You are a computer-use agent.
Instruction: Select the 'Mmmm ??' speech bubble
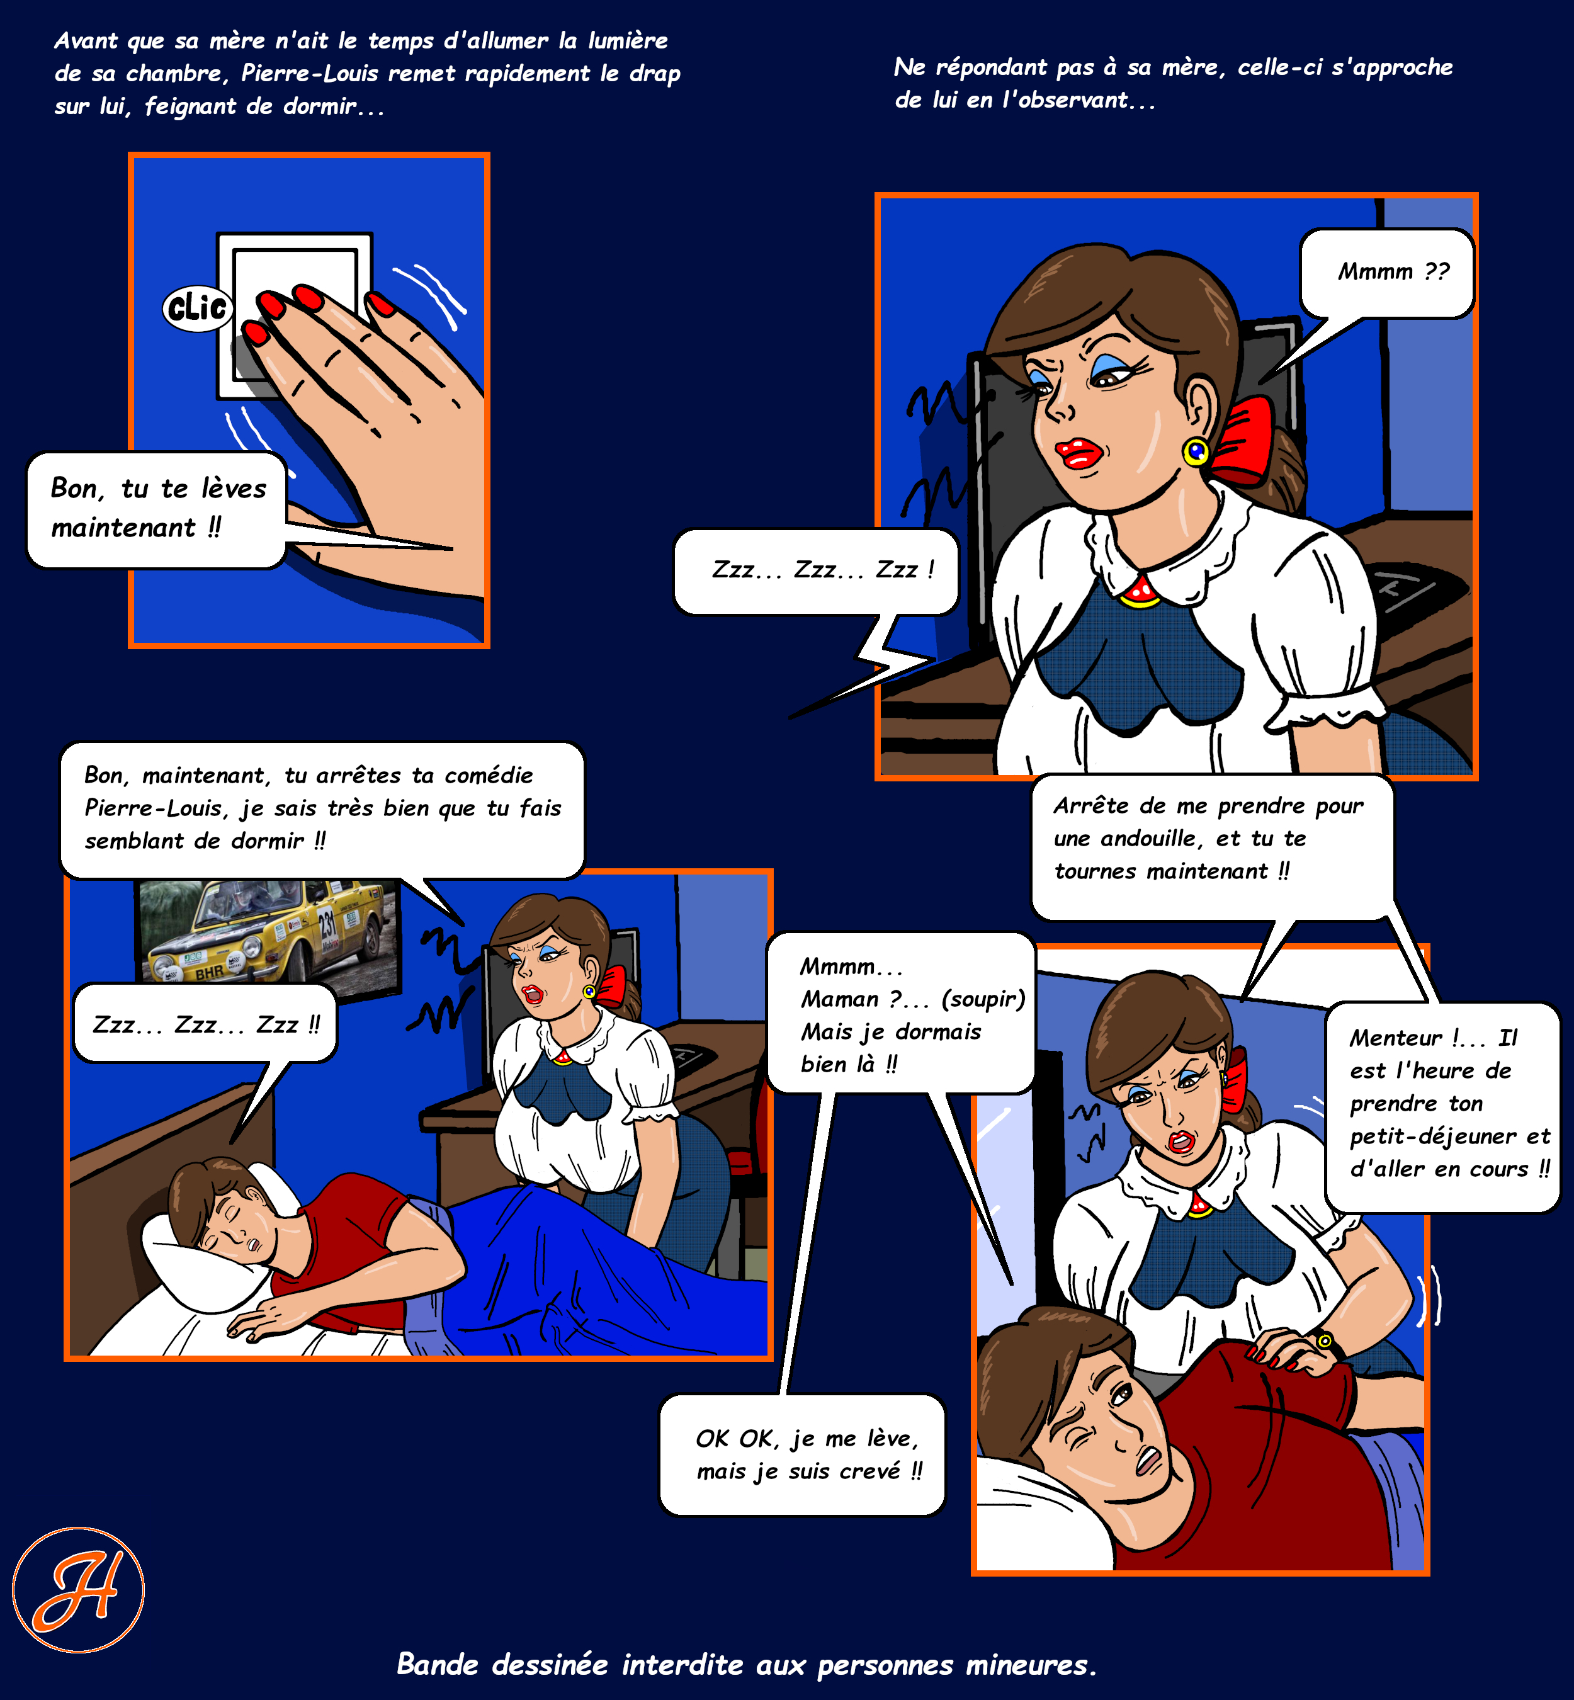pyautogui.click(x=1386, y=273)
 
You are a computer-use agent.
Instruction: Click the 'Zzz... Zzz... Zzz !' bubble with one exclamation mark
pyautogui.click(x=816, y=570)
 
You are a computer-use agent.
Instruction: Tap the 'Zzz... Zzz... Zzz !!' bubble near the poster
pyautogui.click(x=205, y=1024)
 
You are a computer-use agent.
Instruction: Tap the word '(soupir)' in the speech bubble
pyautogui.click(x=983, y=999)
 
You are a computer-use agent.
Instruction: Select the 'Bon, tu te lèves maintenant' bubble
pyautogui.click(x=157, y=509)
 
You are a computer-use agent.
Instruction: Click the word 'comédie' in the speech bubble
pyautogui.click(x=489, y=775)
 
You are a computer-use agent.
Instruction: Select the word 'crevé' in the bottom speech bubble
pyautogui.click(x=871, y=1471)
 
